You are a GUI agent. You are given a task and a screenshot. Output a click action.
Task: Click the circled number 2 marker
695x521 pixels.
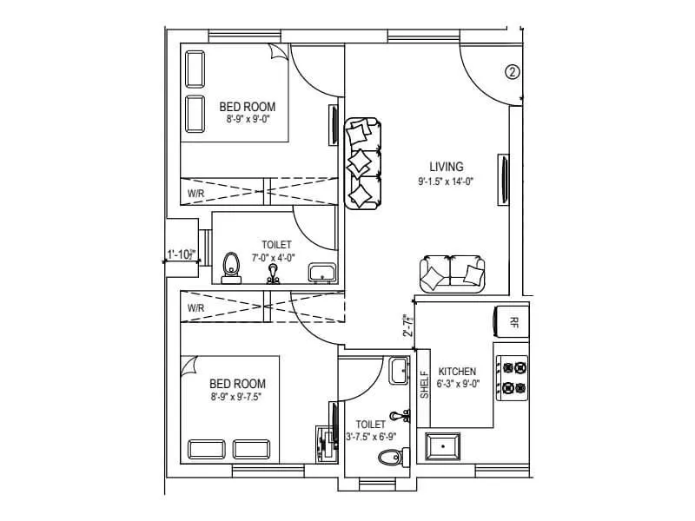point(513,73)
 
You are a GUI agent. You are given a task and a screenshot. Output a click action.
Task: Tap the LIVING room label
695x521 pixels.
point(447,166)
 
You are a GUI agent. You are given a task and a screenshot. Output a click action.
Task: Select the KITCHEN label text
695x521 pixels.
point(457,371)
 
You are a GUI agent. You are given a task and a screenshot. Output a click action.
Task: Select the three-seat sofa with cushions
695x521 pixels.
point(361,163)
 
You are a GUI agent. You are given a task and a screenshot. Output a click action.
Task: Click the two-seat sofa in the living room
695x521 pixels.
point(453,274)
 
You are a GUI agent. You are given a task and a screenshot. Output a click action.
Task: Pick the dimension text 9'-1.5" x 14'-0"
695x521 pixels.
point(447,181)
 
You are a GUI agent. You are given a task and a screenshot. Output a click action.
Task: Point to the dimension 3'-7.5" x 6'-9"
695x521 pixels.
point(370,437)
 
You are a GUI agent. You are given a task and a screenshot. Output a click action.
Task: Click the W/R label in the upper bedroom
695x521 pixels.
point(195,193)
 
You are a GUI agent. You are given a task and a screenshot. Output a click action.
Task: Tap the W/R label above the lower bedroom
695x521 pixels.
point(195,307)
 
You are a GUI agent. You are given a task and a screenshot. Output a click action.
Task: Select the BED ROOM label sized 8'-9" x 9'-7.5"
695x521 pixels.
point(237,383)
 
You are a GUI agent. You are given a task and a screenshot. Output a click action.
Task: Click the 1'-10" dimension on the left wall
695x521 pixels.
point(182,255)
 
